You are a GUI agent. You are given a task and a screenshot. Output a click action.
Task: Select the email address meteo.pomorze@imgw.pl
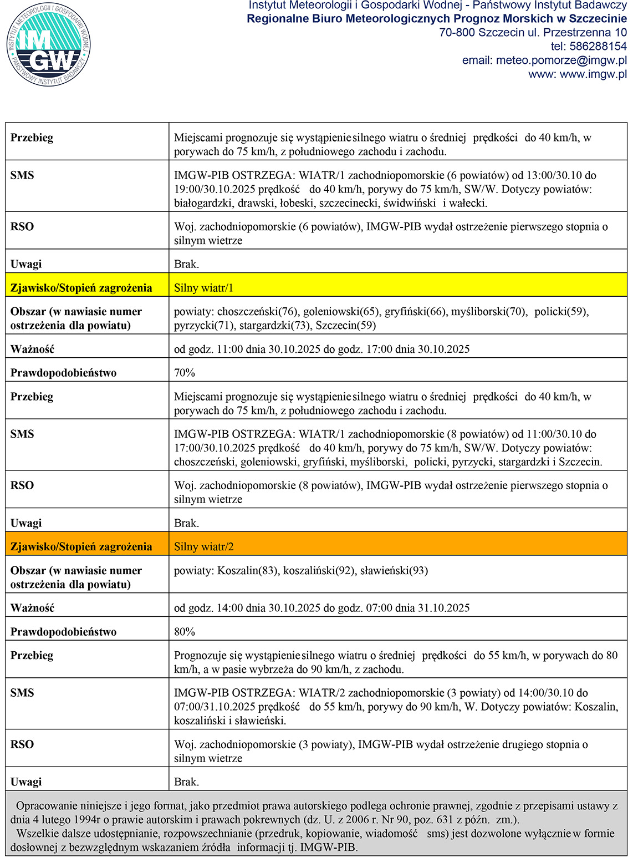pos(544,60)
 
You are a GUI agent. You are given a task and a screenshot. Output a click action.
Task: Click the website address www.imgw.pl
pos(593,74)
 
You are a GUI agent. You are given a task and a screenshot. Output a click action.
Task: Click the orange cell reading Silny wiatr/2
pos(204,546)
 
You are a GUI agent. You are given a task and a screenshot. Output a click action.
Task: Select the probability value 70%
pos(185,373)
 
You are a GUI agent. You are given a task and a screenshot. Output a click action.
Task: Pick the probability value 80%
pos(185,632)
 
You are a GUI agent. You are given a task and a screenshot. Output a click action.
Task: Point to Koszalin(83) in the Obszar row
pos(248,570)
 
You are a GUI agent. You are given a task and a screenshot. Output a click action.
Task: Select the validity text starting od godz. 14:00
pos(321,608)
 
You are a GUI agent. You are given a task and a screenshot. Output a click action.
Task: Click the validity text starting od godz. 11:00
pos(321,349)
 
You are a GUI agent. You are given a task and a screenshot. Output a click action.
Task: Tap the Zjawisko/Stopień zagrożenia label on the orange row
pos(81,546)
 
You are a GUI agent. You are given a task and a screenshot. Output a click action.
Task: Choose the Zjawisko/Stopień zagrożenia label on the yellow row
pos(81,287)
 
